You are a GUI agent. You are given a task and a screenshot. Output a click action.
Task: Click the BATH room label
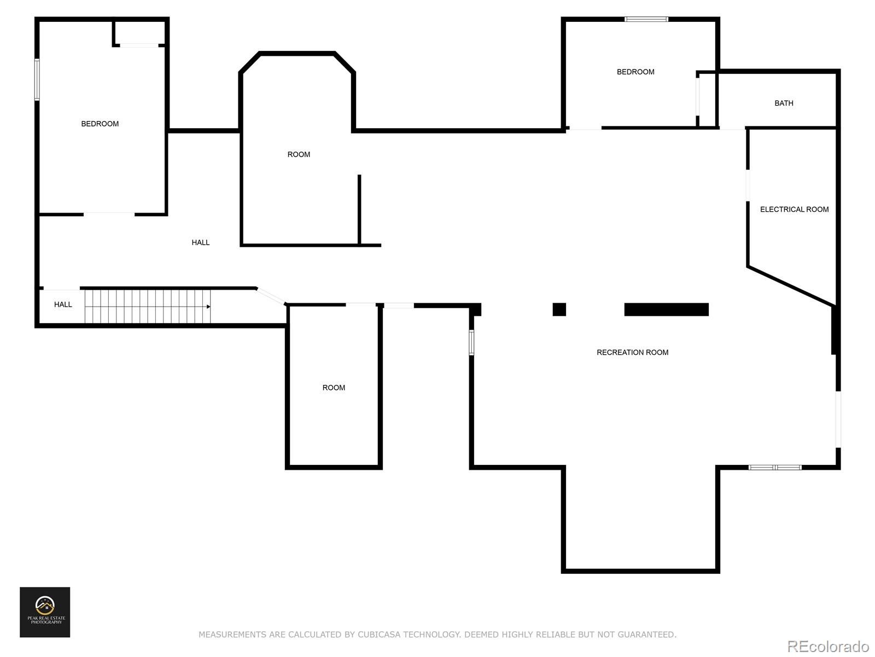click(783, 103)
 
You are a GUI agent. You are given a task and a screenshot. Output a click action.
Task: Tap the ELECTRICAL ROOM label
click(794, 210)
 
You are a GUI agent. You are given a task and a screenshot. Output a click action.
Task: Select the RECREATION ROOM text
click(632, 352)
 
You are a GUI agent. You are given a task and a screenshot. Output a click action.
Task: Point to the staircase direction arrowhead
click(208, 307)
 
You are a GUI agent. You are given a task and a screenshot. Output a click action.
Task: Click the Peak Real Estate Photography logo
click(45, 612)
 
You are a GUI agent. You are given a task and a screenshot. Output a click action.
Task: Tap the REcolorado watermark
click(828, 646)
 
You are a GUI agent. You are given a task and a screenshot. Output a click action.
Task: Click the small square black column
click(559, 309)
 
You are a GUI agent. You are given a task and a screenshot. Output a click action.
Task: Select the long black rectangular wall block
click(666, 309)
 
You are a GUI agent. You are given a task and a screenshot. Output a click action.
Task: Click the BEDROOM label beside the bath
click(635, 72)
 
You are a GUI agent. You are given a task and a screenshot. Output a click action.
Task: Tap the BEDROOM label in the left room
click(100, 124)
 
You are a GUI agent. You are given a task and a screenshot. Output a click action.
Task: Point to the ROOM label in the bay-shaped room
click(299, 154)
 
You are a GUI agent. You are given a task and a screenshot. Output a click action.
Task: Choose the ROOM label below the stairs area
click(334, 387)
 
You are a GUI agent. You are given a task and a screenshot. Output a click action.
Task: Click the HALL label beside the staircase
click(63, 304)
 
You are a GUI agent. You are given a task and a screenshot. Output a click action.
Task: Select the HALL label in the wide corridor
click(201, 242)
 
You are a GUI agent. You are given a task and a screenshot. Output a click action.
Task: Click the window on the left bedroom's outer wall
click(37, 79)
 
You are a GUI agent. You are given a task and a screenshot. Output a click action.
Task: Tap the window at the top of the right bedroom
click(646, 19)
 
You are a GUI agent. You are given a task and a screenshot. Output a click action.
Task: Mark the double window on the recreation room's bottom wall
click(775, 467)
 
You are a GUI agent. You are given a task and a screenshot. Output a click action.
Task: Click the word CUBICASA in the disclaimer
click(378, 634)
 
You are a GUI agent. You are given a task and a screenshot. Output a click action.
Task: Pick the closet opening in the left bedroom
click(139, 45)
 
